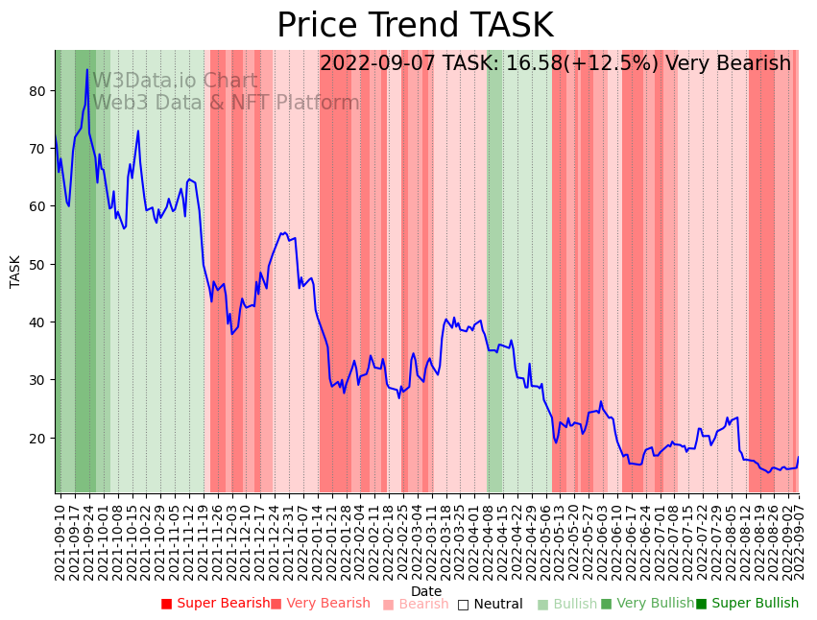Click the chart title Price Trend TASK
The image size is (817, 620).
[x=415, y=26]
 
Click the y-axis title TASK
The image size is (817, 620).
[x=15, y=272]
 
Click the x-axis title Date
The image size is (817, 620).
[x=426, y=591]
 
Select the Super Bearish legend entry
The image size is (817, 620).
[x=216, y=604]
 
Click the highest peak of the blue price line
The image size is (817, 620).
[x=86, y=69]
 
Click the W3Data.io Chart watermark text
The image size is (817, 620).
[x=175, y=82]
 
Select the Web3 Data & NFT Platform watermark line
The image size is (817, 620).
[x=226, y=103]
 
